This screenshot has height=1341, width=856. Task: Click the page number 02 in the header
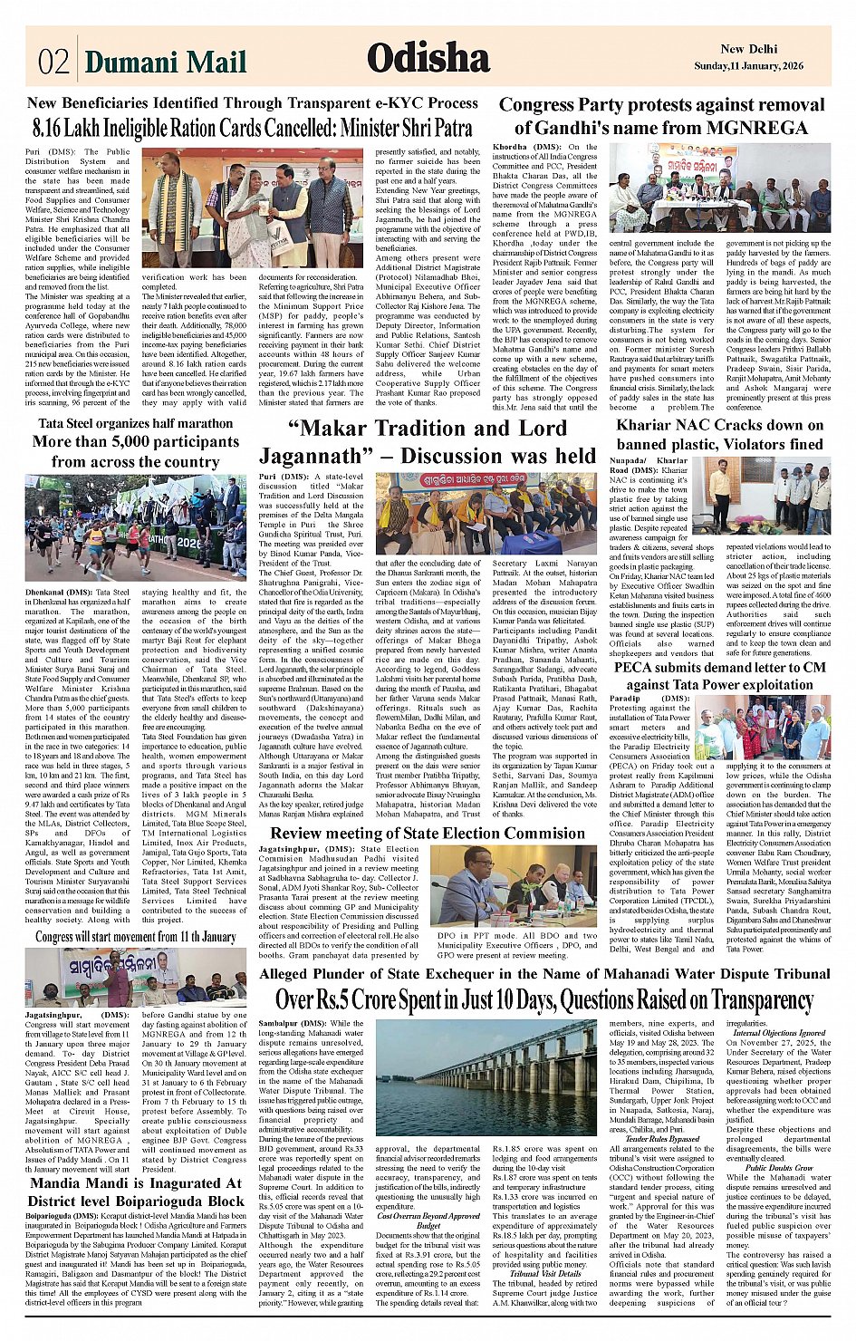click(x=53, y=61)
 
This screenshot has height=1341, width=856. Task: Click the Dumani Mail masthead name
click(x=166, y=62)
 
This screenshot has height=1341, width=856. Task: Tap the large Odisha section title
click(x=428, y=58)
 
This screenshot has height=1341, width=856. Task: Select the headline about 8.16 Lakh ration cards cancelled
click(x=253, y=127)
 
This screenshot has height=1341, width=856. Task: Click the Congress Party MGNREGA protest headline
click(x=661, y=116)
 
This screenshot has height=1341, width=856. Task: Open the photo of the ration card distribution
click(x=253, y=207)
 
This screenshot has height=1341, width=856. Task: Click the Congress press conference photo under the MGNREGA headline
click(x=718, y=188)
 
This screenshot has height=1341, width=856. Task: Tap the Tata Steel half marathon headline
click(x=136, y=442)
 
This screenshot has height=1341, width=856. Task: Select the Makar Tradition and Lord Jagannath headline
click(x=428, y=441)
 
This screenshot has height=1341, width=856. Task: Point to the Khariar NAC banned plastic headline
click(x=720, y=434)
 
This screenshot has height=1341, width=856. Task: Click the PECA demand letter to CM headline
click(x=720, y=676)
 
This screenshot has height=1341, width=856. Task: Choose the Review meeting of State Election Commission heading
click(x=428, y=834)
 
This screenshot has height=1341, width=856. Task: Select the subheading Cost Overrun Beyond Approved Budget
click(x=428, y=1220)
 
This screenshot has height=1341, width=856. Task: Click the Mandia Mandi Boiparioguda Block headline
click(x=136, y=1191)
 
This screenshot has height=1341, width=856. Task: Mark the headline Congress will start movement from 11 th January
click(x=136, y=937)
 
